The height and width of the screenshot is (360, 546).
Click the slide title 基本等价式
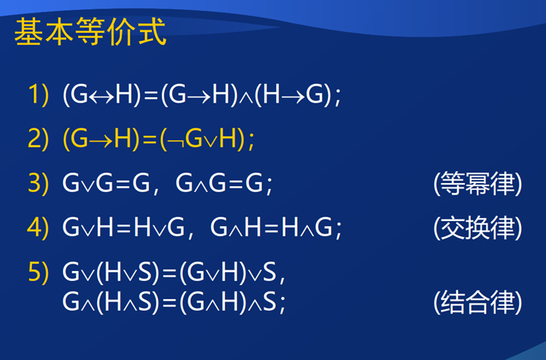90,32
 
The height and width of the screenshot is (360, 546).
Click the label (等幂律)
478,184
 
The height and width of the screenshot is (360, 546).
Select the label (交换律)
478,228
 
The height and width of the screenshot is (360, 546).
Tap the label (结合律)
478,302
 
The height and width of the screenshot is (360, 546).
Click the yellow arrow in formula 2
101,140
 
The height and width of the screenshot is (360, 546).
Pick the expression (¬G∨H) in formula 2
203,140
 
